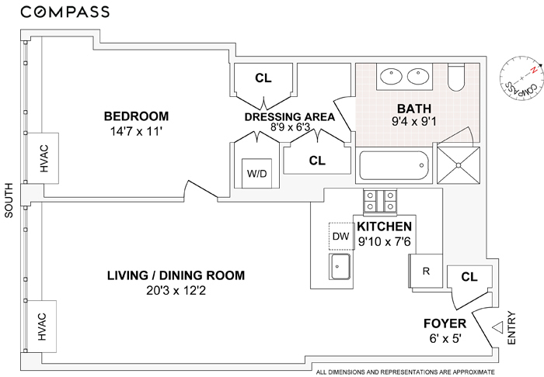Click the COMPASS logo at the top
[x=65, y=12]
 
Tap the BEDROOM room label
[x=136, y=116]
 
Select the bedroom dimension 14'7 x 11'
[x=136, y=132]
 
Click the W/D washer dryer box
[x=256, y=173]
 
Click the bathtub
[x=395, y=165]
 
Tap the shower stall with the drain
[x=459, y=165]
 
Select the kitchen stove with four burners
[x=380, y=201]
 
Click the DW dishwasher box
[x=341, y=236]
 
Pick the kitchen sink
[x=340, y=266]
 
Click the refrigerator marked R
[x=426, y=271]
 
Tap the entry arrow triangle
[x=498, y=327]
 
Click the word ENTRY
[x=511, y=328]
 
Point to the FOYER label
[x=445, y=323]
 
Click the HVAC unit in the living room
[x=41, y=327]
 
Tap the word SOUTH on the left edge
[x=9, y=200]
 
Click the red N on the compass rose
[x=535, y=71]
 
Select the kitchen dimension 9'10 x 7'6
[x=385, y=241]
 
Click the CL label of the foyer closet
[x=469, y=277]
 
